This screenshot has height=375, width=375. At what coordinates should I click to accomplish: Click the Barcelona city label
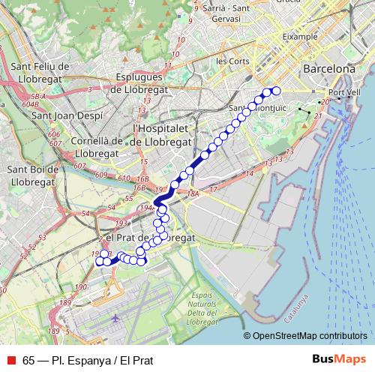329,68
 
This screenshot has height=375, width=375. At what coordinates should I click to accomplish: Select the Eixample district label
301,35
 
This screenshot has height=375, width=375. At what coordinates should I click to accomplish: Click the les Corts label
232,60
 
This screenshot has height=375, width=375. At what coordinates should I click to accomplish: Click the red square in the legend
10,360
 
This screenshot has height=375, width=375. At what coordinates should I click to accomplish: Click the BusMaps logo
339,359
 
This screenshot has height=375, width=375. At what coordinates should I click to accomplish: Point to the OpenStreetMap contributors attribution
310,336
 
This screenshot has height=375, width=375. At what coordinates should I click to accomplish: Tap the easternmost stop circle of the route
275,91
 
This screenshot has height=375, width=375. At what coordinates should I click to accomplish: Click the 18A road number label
193,193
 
